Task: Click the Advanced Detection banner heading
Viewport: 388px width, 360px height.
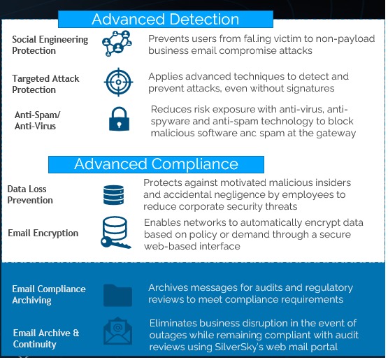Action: coord(165,20)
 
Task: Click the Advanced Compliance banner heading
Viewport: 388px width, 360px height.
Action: coord(156,164)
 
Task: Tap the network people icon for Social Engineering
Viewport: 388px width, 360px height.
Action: coord(117,43)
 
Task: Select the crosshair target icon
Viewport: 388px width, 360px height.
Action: coord(118,82)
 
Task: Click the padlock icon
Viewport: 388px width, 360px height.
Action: coord(119,119)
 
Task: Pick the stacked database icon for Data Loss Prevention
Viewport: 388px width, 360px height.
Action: coord(113,195)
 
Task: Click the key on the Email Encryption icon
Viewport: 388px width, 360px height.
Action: coord(115,243)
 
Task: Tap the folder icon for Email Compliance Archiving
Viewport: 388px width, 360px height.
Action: coord(117,296)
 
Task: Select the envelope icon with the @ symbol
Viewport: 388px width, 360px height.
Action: coord(117,331)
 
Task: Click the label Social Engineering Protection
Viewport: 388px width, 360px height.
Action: coord(50,45)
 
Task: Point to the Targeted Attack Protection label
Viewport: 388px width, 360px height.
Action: coord(45,84)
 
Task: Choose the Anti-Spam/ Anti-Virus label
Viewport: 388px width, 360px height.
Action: coord(37,120)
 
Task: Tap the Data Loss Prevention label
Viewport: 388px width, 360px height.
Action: coord(30,195)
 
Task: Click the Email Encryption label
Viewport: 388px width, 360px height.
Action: coord(43,233)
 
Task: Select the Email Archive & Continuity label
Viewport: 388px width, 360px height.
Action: coord(46,339)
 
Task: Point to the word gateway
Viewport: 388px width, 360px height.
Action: coord(336,134)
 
